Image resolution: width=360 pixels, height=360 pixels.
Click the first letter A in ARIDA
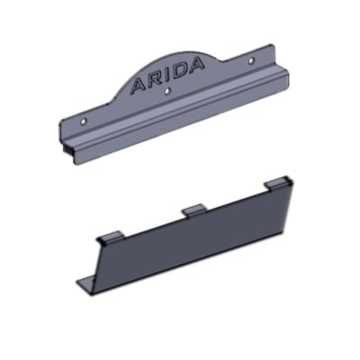pyautogui.click(x=139, y=85)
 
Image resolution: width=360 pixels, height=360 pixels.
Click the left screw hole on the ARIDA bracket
pyautogui.click(x=84, y=121)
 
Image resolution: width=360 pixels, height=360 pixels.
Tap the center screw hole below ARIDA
pyautogui.click(x=168, y=91)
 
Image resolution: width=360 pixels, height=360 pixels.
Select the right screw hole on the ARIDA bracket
pyautogui.click(x=251, y=60)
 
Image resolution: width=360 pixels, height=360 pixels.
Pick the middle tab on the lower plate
pyautogui.click(x=195, y=209)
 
